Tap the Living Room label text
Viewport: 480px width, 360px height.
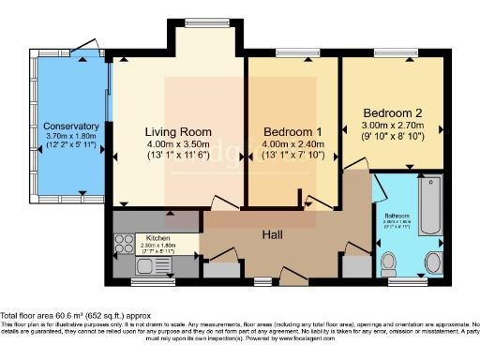pyautogui.click(x=178, y=131)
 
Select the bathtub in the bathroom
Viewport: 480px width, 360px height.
pyautogui.click(x=430, y=205)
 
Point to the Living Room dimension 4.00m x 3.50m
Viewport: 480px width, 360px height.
pyautogui.click(x=178, y=145)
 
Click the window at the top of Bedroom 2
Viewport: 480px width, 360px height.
pyautogui.click(x=388, y=53)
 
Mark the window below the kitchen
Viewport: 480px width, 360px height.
pyautogui.click(x=145, y=279)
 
